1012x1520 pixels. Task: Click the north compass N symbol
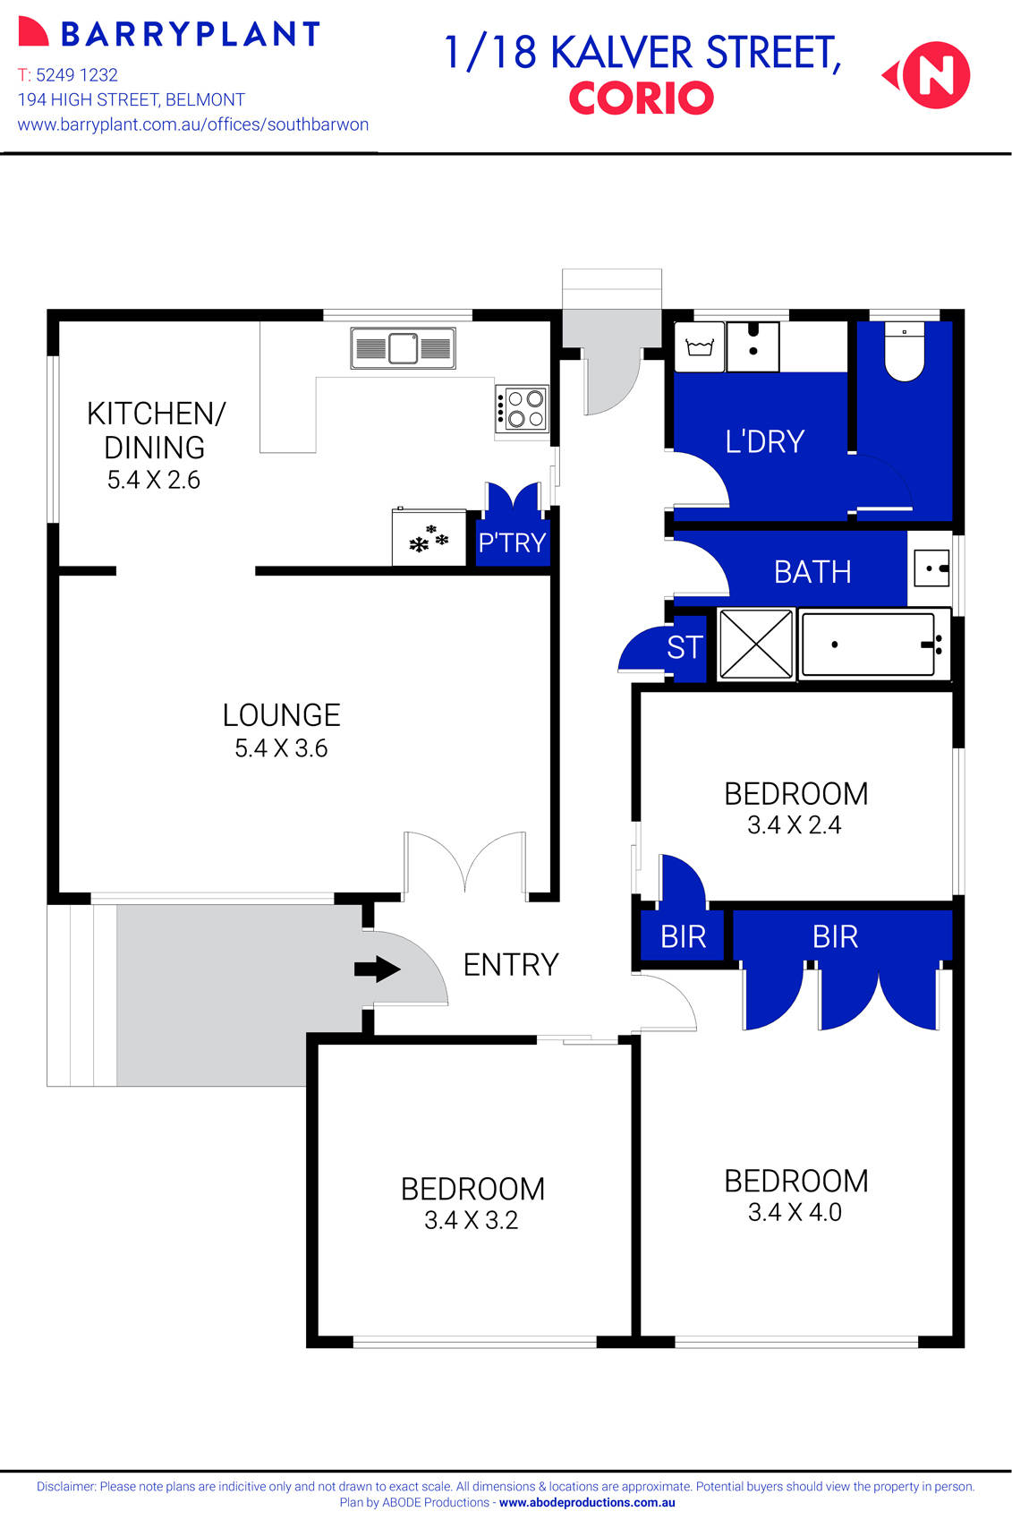tap(935, 75)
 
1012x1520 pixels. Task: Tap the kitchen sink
tap(403, 348)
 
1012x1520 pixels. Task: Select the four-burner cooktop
tap(522, 409)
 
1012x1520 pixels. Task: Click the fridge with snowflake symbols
tap(429, 538)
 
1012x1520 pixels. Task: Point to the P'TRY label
tap(512, 542)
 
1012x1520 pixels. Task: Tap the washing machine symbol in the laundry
tap(699, 347)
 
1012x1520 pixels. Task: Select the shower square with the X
tap(756, 644)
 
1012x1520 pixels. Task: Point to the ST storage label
tap(685, 647)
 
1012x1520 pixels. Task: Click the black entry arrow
tap(377, 969)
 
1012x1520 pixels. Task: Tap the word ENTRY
tap(511, 964)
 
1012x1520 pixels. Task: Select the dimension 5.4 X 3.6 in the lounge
tap(281, 748)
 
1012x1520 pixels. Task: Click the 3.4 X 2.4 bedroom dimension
tap(795, 824)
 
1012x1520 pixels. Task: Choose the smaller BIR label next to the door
tap(683, 936)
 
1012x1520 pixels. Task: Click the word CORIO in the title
tap(642, 98)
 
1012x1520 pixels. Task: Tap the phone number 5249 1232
tap(77, 75)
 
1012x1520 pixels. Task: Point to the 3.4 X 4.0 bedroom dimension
tap(795, 1212)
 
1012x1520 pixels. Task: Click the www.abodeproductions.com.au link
tap(587, 1503)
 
